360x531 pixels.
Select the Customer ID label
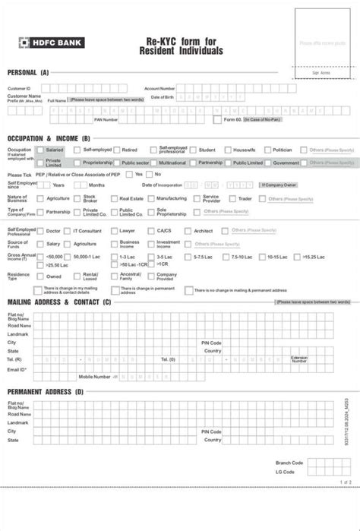click(19, 88)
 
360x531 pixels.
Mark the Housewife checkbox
click(226, 150)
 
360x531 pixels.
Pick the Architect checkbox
click(188, 230)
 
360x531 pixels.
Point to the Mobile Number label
click(95, 376)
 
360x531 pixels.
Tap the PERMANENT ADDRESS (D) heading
click(46, 391)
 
